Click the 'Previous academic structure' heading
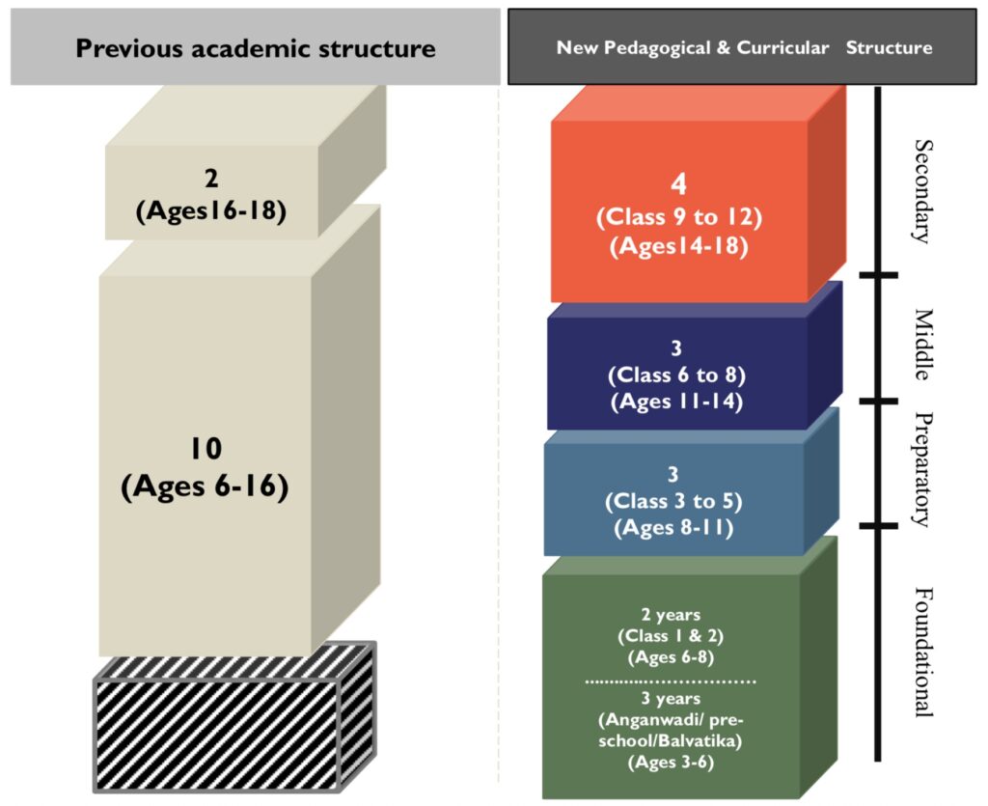[256, 48]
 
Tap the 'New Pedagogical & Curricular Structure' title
[744, 47]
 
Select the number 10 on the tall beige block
[205, 448]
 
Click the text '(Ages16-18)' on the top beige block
[211, 210]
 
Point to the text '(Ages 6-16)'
[205, 486]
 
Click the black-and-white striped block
[234, 719]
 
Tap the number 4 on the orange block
[678, 184]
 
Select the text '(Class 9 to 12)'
[679, 217]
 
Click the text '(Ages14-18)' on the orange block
[679, 247]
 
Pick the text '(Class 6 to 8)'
[675, 374]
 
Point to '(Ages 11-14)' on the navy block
[675, 402]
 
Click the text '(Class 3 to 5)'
[674, 501]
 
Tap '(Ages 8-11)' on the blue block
[674, 528]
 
